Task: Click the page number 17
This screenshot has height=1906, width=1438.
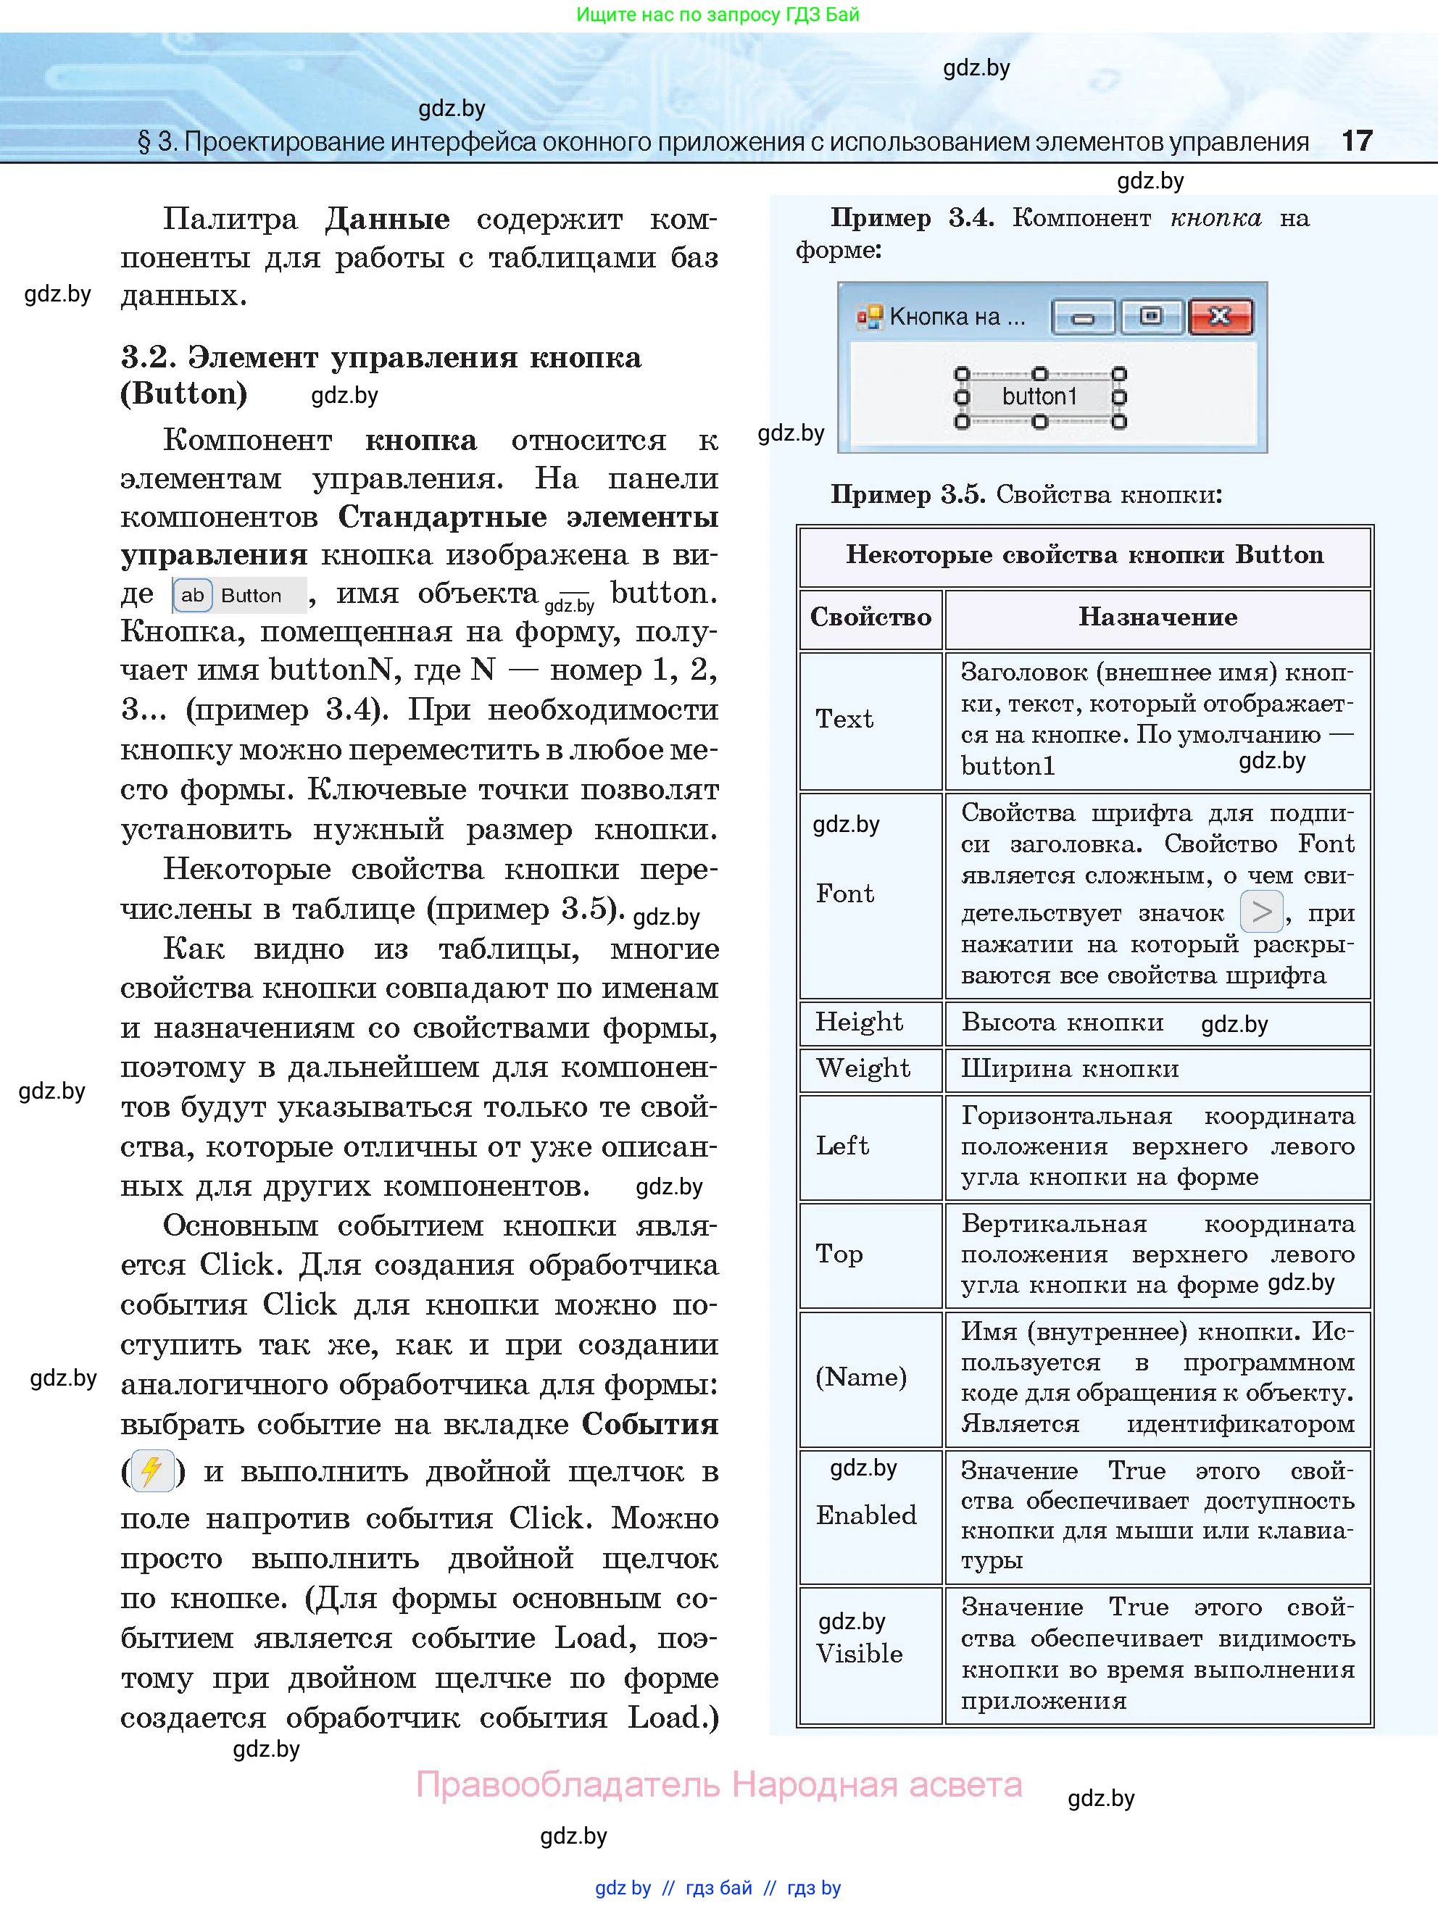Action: pyautogui.click(x=1356, y=141)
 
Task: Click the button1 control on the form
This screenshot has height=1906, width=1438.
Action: pyautogui.click(x=1040, y=397)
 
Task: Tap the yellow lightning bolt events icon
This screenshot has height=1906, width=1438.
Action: pyautogui.click(x=151, y=1471)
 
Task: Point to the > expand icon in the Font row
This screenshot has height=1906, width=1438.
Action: pyautogui.click(x=1261, y=912)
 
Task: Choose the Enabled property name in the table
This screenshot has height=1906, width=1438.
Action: pyautogui.click(x=867, y=1515)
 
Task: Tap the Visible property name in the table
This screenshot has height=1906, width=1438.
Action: pyautogui.click(x=859, y=1654)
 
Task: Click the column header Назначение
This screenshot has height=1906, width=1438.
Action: pyautogui.click(x=1157, y=617)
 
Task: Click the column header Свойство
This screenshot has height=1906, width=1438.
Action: pyautogui.click(x=870, y=617)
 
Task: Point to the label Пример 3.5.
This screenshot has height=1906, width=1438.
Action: pyautogui.click(x=907, y=494)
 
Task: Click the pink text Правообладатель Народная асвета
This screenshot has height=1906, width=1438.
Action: pyautogui.click(x=718, y=1784)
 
